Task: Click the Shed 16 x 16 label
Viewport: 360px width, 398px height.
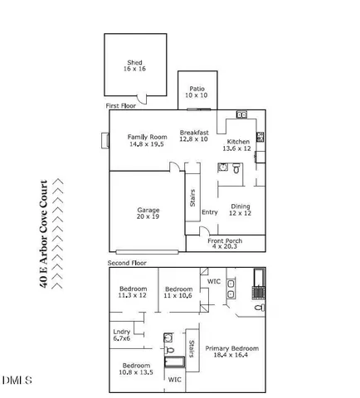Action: point(134,66)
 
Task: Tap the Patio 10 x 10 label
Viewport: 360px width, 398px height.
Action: point(197,92)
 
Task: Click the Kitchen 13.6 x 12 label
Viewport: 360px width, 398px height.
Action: point(238,146)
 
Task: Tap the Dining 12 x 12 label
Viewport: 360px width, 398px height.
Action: point(240,211)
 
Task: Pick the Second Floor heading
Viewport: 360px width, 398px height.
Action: point(126,263)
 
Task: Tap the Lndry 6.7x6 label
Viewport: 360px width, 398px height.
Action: point(122,335)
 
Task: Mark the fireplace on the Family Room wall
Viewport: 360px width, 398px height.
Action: point(104,140)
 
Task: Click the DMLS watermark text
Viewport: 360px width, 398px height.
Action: point(16,381)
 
